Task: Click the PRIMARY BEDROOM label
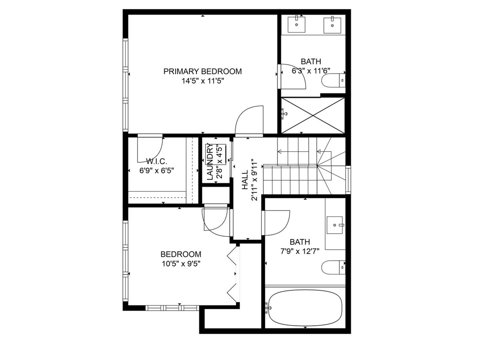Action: (x=202, y=71)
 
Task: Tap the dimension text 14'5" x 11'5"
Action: (x=202, y=81)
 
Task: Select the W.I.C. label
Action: (x=156, y=161)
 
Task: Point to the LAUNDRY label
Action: (x=210, y=162)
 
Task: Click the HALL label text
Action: (x=245, y=180)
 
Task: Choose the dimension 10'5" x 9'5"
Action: (x=181, y=264)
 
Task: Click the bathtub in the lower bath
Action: (x=305, y=308)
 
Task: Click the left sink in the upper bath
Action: (x=296, y=24)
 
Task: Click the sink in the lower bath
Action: (x=335, y=225)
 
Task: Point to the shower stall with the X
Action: (x=313, y=115)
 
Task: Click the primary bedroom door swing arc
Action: (x=250, y=120)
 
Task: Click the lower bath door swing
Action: (x=277, y=223)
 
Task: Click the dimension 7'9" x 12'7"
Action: (x=300, y=251)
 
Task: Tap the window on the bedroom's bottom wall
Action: (x=172, y=308)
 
